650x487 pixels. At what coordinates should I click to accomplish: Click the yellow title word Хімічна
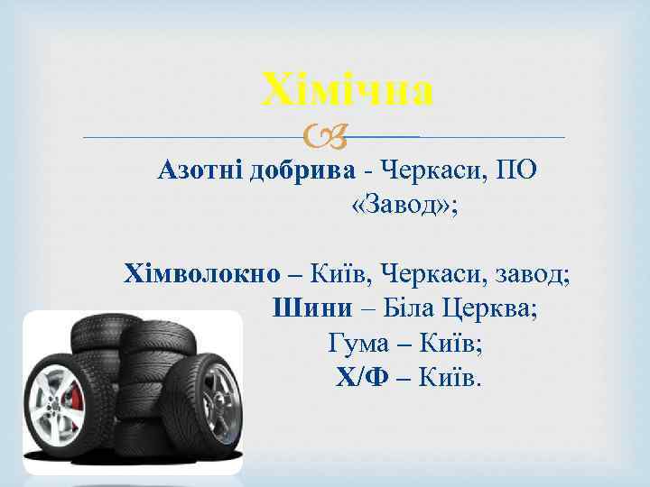(x=348, y=91)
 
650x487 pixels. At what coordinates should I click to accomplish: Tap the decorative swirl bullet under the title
(x=320, y=138)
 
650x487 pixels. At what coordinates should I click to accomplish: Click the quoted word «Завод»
(x=402, y=207)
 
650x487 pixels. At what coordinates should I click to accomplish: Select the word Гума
(x=355, y=344)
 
